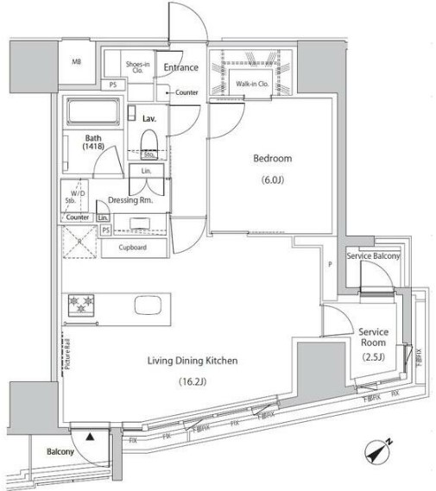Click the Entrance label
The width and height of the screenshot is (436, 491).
coord(182,67)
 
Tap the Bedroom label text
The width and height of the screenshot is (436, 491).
coord(272,159)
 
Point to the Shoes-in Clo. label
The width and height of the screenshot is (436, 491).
coord(136,66)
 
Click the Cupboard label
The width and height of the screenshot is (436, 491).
coord(132,248)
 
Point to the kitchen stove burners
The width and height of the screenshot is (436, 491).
coord(81,305)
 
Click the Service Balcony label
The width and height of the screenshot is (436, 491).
coord(373,257)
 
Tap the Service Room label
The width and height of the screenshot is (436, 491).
coord(374,337)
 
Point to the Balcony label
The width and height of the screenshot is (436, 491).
coord(47,451)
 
